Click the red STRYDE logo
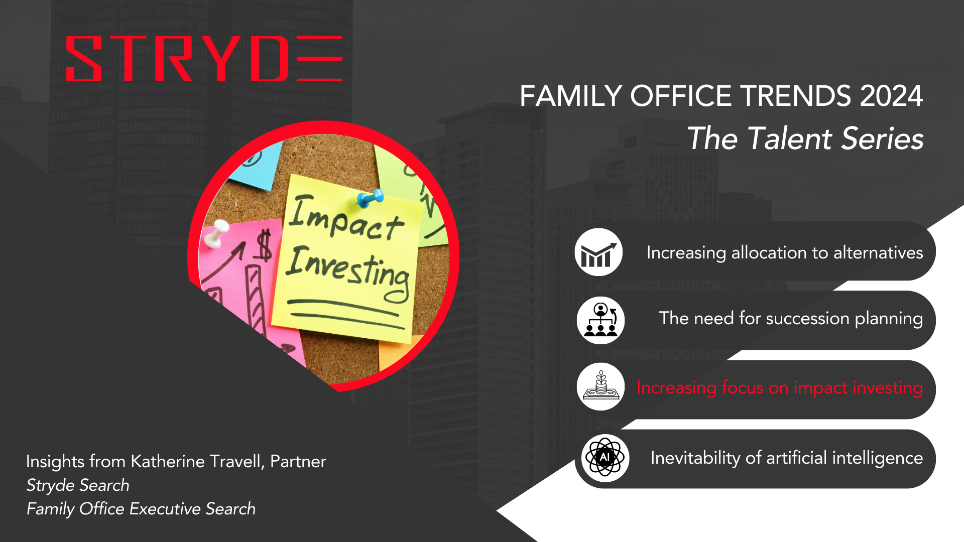pyautogui.click(x=204, y=58)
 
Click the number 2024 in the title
pyautogui.click(x=891, y=96)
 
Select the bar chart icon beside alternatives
pyautogui.click(x=598, y=252)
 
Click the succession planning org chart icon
pyautogui.click(x=600, y=320)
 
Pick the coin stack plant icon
pyautogui.click(x=601, y=387)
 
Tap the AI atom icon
pyautogui.click(x=605, y=458)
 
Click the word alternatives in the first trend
pyautogui.click(x=878, y=252)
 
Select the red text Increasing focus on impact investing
pyautogui.click(x=780, y=388)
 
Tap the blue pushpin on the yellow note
pyautogui.click(x=371, y=199)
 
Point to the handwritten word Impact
pyautogui.click(x=346, y=218)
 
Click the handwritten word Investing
pyautogui.click(x=348, y=272)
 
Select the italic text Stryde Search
pyautogui.click(x=78, y=485)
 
